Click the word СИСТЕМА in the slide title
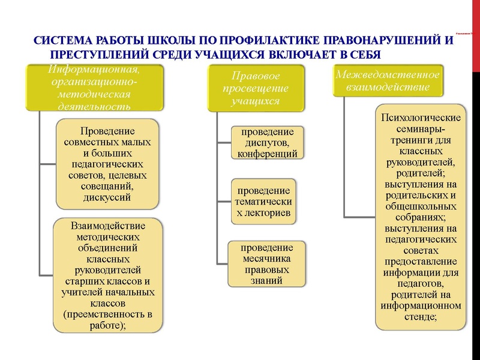[59, 43]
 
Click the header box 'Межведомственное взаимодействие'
[388, 81]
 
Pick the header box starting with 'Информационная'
[94, 88]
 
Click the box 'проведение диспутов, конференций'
[268, 143]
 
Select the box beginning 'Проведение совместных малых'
[107, 163]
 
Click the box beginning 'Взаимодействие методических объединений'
[108, 275]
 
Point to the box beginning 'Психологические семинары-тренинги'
[421, 217]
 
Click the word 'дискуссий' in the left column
[107, 196]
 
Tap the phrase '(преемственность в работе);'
[108, 319]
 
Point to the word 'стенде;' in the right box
[421, 316]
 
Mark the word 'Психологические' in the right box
[421, 117]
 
